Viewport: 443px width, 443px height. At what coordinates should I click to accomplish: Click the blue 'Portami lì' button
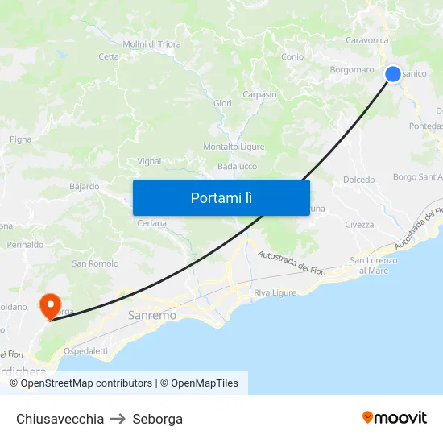(221, 197)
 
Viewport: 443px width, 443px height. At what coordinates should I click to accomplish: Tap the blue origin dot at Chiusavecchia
(393, 74)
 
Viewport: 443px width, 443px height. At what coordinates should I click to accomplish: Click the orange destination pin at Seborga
(50, 306)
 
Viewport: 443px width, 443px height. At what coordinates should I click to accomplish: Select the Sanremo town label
(152, 316)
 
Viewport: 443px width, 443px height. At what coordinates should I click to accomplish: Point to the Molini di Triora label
(151, 44)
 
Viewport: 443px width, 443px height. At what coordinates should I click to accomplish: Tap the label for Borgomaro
(352, 70)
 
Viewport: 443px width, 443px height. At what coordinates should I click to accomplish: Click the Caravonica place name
(366, 40)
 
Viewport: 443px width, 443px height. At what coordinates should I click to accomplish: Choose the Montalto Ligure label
(234, 147)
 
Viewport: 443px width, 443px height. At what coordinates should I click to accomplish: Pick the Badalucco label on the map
(237, 167)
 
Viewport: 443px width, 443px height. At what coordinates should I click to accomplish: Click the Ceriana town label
(151, 223)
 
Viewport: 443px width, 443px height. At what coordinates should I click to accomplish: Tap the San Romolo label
(95, 263)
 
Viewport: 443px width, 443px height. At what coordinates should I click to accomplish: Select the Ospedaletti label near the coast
(85, 351)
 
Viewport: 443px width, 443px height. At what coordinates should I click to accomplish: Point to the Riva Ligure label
(275, 292)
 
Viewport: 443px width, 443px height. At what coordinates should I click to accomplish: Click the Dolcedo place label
(358, 180)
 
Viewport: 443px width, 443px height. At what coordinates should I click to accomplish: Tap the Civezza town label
(359, 225)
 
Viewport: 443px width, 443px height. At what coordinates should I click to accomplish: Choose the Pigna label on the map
(20, 139)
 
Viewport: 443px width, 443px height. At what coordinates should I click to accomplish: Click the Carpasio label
(259, 94)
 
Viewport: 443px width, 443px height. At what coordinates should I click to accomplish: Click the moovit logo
(394, 418)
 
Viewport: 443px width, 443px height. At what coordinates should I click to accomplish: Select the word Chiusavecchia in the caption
(60, 419)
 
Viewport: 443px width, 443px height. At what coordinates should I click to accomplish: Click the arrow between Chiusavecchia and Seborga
(118, 419)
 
